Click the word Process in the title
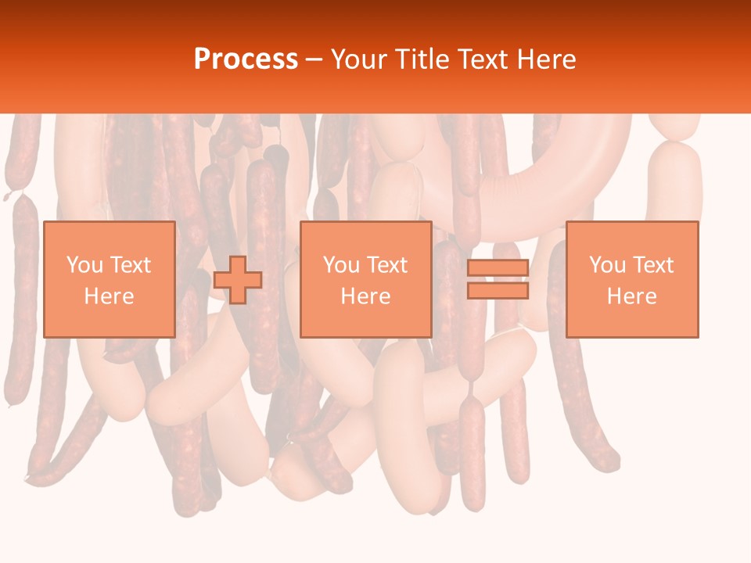coord(246,59)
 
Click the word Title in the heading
coord(424,59)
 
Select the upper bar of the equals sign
coord(498,268)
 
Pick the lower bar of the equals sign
coord(498,290)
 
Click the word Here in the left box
coord(109,296)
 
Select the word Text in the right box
coord(652,265)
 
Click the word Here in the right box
coord(631,296)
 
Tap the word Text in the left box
coord(130,265)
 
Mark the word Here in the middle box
coord(365,296)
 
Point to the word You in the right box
coord(607,265)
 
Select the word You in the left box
coord(84,265)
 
